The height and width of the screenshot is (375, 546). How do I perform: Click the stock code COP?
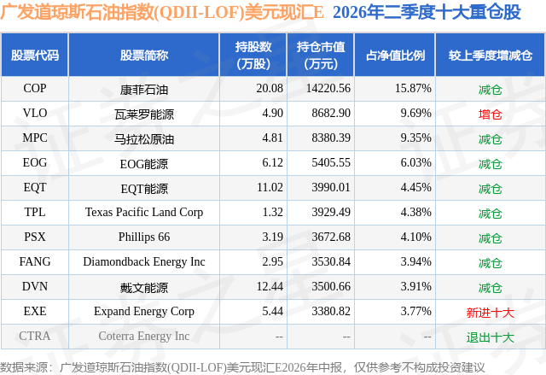tap(35, 88)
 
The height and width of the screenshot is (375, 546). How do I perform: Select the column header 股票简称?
tap(144, 55)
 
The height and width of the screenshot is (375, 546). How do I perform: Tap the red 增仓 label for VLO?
tap(490, 114)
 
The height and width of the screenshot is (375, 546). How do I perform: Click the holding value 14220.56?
tap(328, 88)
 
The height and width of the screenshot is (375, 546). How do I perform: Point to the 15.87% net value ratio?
tap(413, 88)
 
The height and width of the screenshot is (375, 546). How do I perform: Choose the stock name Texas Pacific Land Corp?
tap(144, 212)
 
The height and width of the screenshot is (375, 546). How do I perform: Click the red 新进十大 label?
tap(490, 313)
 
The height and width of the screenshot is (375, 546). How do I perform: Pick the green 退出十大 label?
tap(490, 337)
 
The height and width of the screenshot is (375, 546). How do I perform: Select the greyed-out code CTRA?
tap(35, 336)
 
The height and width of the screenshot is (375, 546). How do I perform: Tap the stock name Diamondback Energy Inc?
tap(144, 261)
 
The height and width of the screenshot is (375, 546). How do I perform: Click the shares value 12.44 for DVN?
tap(270, 286)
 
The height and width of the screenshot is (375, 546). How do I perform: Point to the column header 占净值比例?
tap(395, 55)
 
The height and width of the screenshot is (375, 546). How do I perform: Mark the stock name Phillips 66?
tap(144, 237)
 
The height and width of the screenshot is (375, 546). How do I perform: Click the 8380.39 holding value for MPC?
tap(331, 138)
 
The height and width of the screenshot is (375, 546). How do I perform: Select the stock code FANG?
tap(35, 261)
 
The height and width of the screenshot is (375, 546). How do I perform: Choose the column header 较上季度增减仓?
tap(491, 55)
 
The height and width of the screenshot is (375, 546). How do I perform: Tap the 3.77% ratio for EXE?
tap(415, 311)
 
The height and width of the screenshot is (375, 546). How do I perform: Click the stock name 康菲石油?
tap(144, 90)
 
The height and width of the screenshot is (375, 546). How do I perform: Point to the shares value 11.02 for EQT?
tap(270, 188)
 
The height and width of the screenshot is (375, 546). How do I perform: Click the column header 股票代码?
tap(35, 55)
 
